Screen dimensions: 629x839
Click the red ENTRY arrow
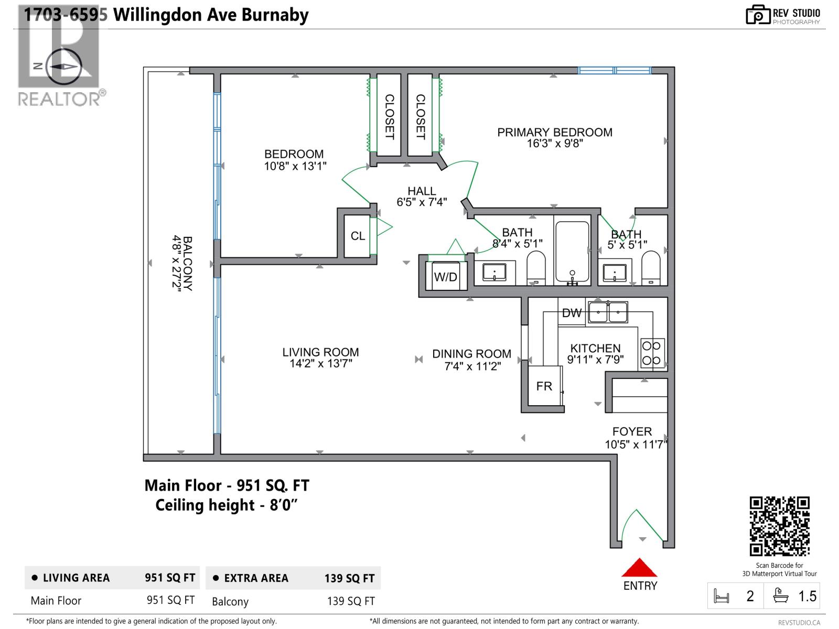click(639, 568)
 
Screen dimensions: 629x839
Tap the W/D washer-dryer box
click(445, 276)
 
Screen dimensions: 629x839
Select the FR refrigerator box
click(544, 386)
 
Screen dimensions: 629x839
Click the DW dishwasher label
click(572, 313)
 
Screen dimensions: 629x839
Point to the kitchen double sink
click(608, 312)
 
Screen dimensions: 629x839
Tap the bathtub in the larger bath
click(572, 252)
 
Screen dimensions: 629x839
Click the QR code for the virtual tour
click(779, 526)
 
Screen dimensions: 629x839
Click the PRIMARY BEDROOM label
click(555, 133)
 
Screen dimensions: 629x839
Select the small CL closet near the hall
click(358, 236)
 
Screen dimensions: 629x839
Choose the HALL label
click(422, 191)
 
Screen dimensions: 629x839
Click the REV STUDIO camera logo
click(757, 15)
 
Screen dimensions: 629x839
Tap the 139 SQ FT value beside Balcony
click(351, 601)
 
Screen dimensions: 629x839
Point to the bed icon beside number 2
click(722, 597)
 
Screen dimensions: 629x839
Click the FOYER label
click(632, 431)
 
